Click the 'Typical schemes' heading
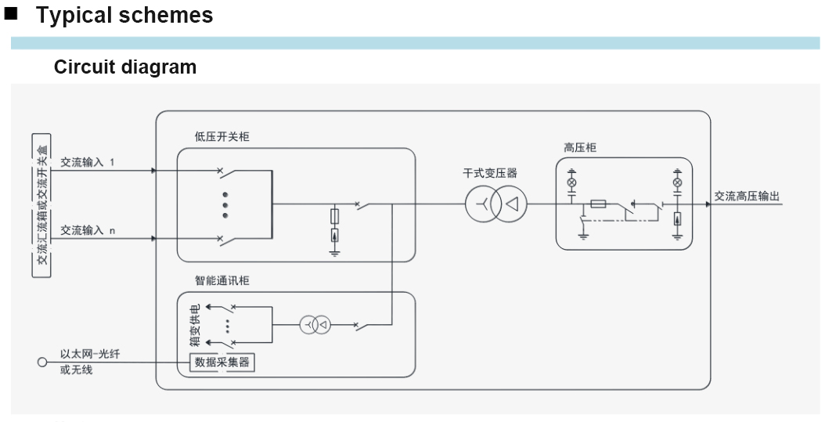tap(124, 16)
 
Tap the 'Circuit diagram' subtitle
tap(125, 67)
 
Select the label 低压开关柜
tap(222, 137)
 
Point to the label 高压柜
tap(580, 147)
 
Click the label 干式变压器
tap(490, 174)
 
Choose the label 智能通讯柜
tap(222, 280)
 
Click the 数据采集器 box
tap(222, 362)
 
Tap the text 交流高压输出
tap(748, 197)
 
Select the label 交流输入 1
tap(87, 163)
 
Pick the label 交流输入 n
tap(87, 230)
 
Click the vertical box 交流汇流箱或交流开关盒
tap(41, 205)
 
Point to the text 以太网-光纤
tap(90, 355)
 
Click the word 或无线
tap(76, 370)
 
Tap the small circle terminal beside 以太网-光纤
tap(42, 362)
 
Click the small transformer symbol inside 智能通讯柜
tap(314, 324)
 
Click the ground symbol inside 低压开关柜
tap(334, 252)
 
